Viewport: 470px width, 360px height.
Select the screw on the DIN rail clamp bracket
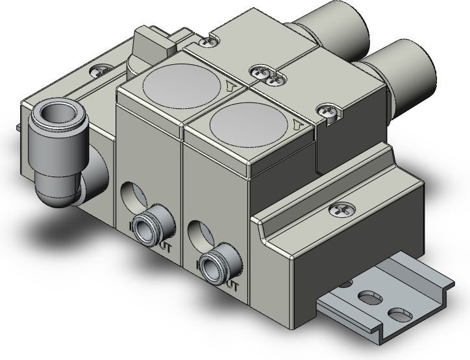pos(340,210)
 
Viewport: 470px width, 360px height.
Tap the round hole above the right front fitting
pos(197,231)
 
